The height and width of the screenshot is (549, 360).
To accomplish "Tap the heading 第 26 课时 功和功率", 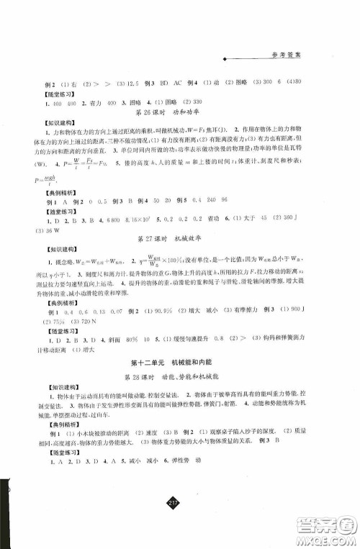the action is [171, 113].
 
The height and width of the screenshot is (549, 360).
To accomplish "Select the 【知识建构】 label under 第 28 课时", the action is [43, 394].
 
